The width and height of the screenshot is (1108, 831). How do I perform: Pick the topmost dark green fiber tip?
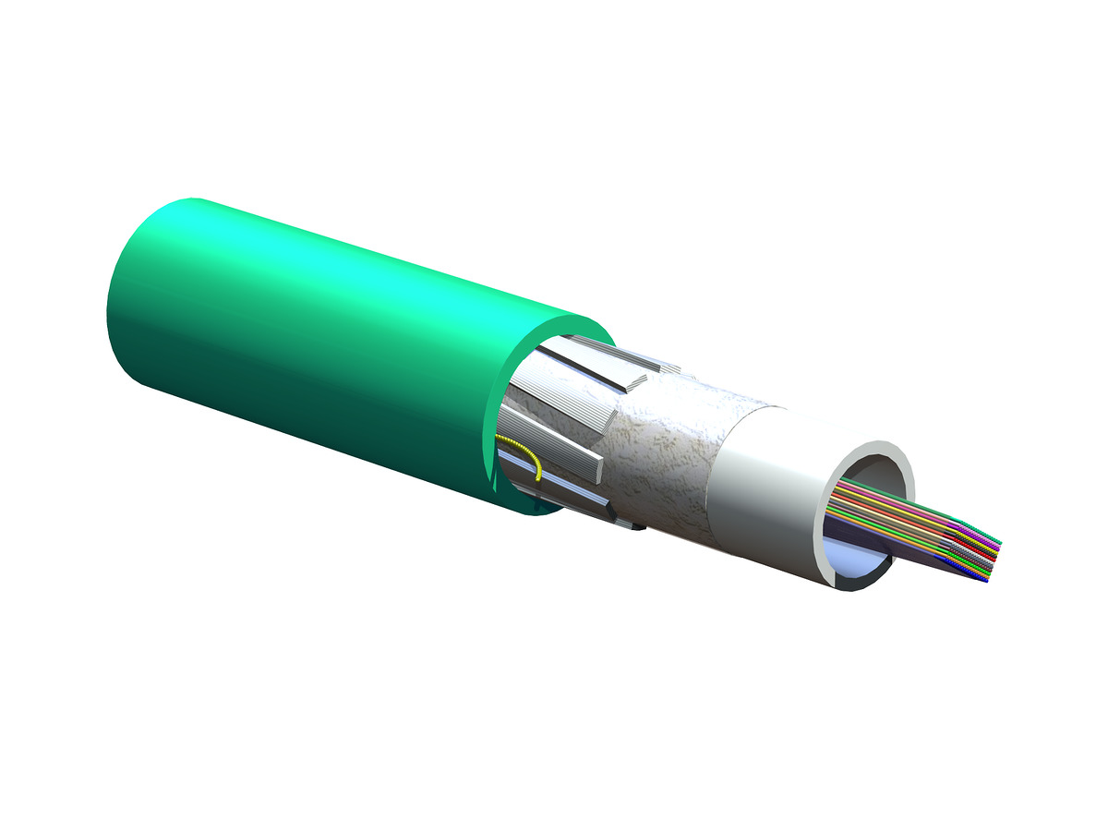[x=999, y=542]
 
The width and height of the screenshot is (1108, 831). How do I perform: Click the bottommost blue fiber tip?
[x=985, y=579]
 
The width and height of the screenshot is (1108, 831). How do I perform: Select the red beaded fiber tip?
[x=993, y=559]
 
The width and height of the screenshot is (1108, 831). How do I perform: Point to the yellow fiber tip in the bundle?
[x=995, y=551]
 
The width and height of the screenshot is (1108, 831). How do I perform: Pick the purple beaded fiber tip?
[x=997, y=548]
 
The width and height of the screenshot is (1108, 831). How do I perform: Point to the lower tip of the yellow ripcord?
[x=537, y=479]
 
